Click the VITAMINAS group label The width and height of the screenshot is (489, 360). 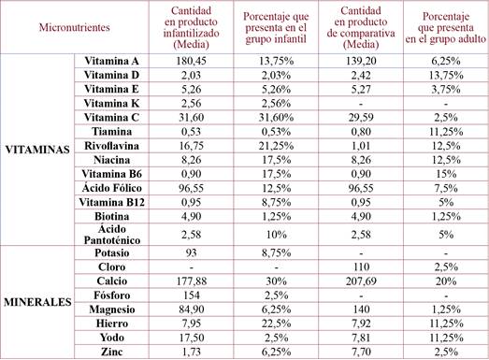pyautogui.click(x=36, y=151)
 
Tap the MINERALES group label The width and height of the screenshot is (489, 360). pyautogui.click(x=36, y=303)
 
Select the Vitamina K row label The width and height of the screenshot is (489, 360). pyautogui.click(x=111, y=103)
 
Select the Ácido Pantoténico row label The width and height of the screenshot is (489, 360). pyautogui.click(x=111, y=236)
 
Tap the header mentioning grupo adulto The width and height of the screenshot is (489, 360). pyautogui.click(x=440, y=28)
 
